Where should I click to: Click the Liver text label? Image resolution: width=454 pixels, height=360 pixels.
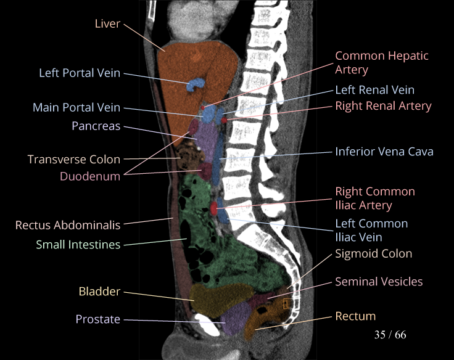pos(107,24)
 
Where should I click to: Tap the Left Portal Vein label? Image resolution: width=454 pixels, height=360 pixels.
pos(80,73)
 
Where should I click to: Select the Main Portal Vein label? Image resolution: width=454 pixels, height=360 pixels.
pos(76,108)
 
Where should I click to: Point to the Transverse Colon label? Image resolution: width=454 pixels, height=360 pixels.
pos(74,160)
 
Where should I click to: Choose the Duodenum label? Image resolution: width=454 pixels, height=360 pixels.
pos(90,176)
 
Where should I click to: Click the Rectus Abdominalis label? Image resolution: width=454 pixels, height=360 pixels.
pos(68,225)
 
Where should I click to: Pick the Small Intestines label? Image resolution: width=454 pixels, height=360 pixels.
pos(78,245)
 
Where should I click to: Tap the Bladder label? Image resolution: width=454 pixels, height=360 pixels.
pos(99,291)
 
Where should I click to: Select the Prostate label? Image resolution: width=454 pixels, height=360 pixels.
pos(98,319)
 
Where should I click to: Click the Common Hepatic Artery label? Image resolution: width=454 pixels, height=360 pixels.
pos(381,63)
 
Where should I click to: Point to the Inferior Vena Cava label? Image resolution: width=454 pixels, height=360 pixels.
pos(384,151)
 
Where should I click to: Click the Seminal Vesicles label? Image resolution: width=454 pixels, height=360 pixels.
pos(379,282)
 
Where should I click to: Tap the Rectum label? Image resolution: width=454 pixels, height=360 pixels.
pos(355,316)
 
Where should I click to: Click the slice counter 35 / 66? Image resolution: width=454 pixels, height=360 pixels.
pos(390,335)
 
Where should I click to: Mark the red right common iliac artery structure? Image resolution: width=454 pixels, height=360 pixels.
pos(215,208)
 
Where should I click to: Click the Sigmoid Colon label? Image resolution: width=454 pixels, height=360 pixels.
pos(373,253)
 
